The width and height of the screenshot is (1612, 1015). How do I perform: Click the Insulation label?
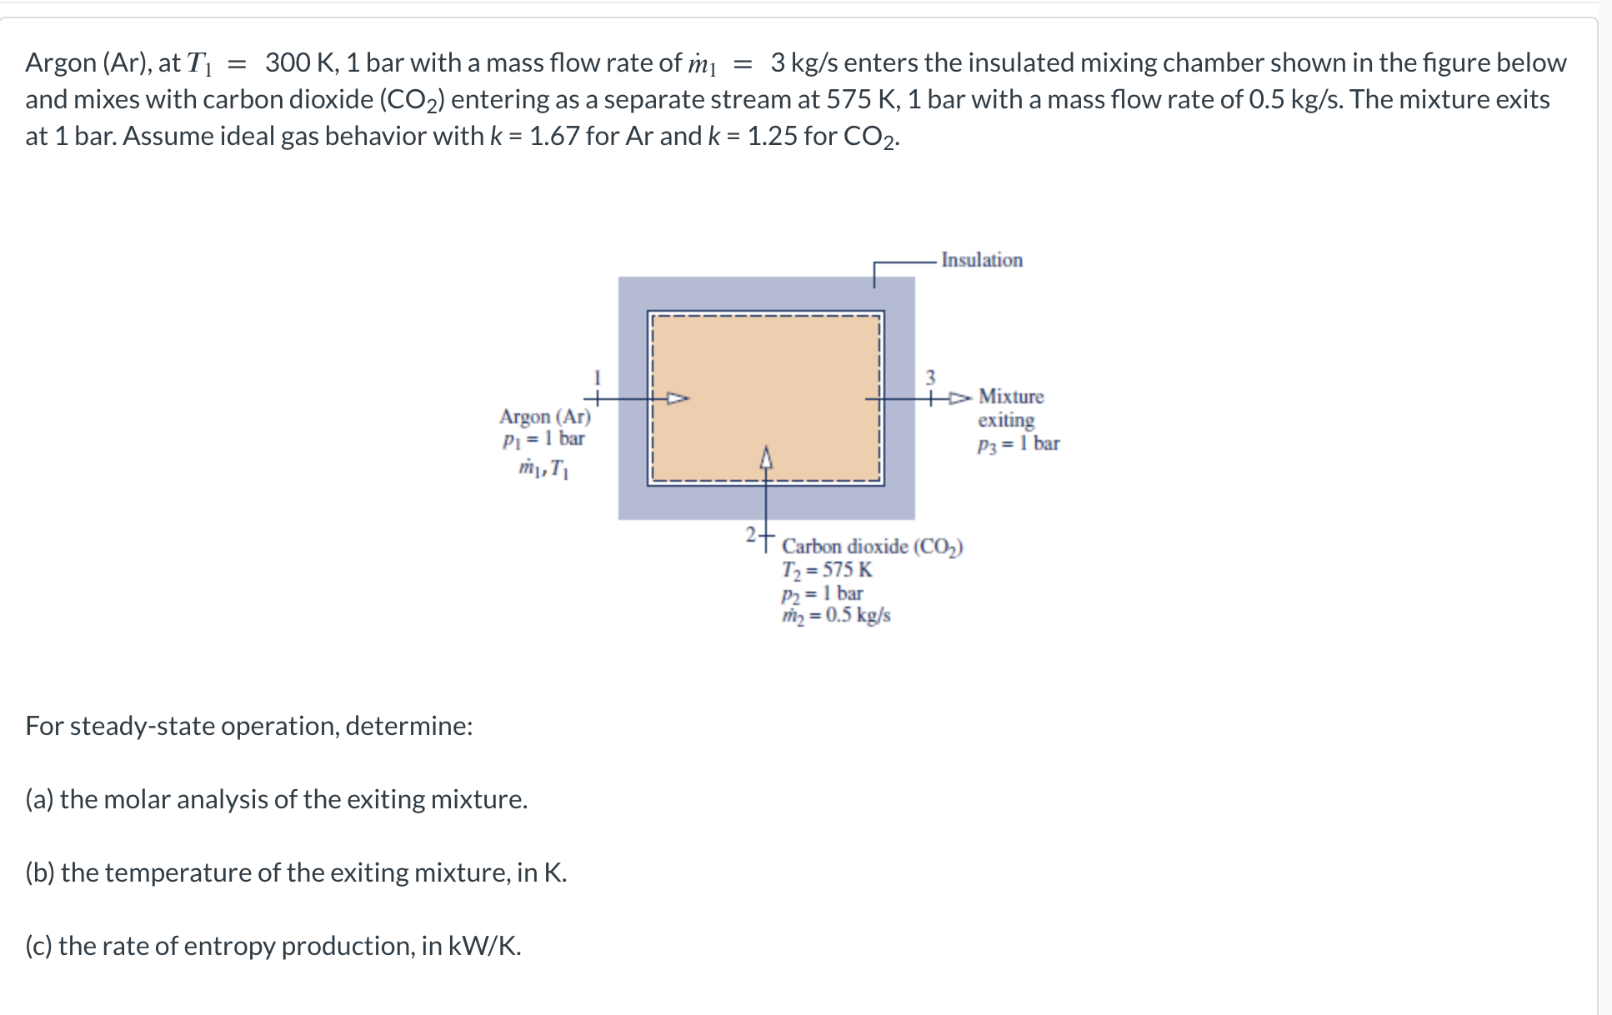(x=981, y=260)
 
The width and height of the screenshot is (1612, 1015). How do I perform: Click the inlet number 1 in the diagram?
(x=597, y=377)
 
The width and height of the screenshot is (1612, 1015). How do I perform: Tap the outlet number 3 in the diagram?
(x=931, y=377)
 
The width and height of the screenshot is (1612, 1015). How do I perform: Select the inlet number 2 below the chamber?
(x=750, y=532)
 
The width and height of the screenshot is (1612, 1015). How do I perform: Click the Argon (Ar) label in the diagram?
(x=544, y=416)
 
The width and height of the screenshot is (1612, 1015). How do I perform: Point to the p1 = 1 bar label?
(x=543, y=438)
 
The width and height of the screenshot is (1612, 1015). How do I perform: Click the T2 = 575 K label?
(x=827, y=570)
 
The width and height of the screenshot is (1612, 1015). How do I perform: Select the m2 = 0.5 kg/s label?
(x=836, y=615)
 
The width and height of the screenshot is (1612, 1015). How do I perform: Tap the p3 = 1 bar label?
(x=1018, y=444)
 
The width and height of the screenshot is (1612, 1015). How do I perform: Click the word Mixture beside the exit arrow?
(x=1010, y=397)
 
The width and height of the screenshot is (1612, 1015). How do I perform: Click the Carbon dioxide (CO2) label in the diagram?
(x=872, y=547)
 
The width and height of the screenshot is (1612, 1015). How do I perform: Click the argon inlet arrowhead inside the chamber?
(x=678, y=398)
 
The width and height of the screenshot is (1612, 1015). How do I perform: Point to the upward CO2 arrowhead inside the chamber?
(x=766, y=457)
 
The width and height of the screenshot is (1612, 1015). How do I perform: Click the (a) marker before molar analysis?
(x=39, y=799)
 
